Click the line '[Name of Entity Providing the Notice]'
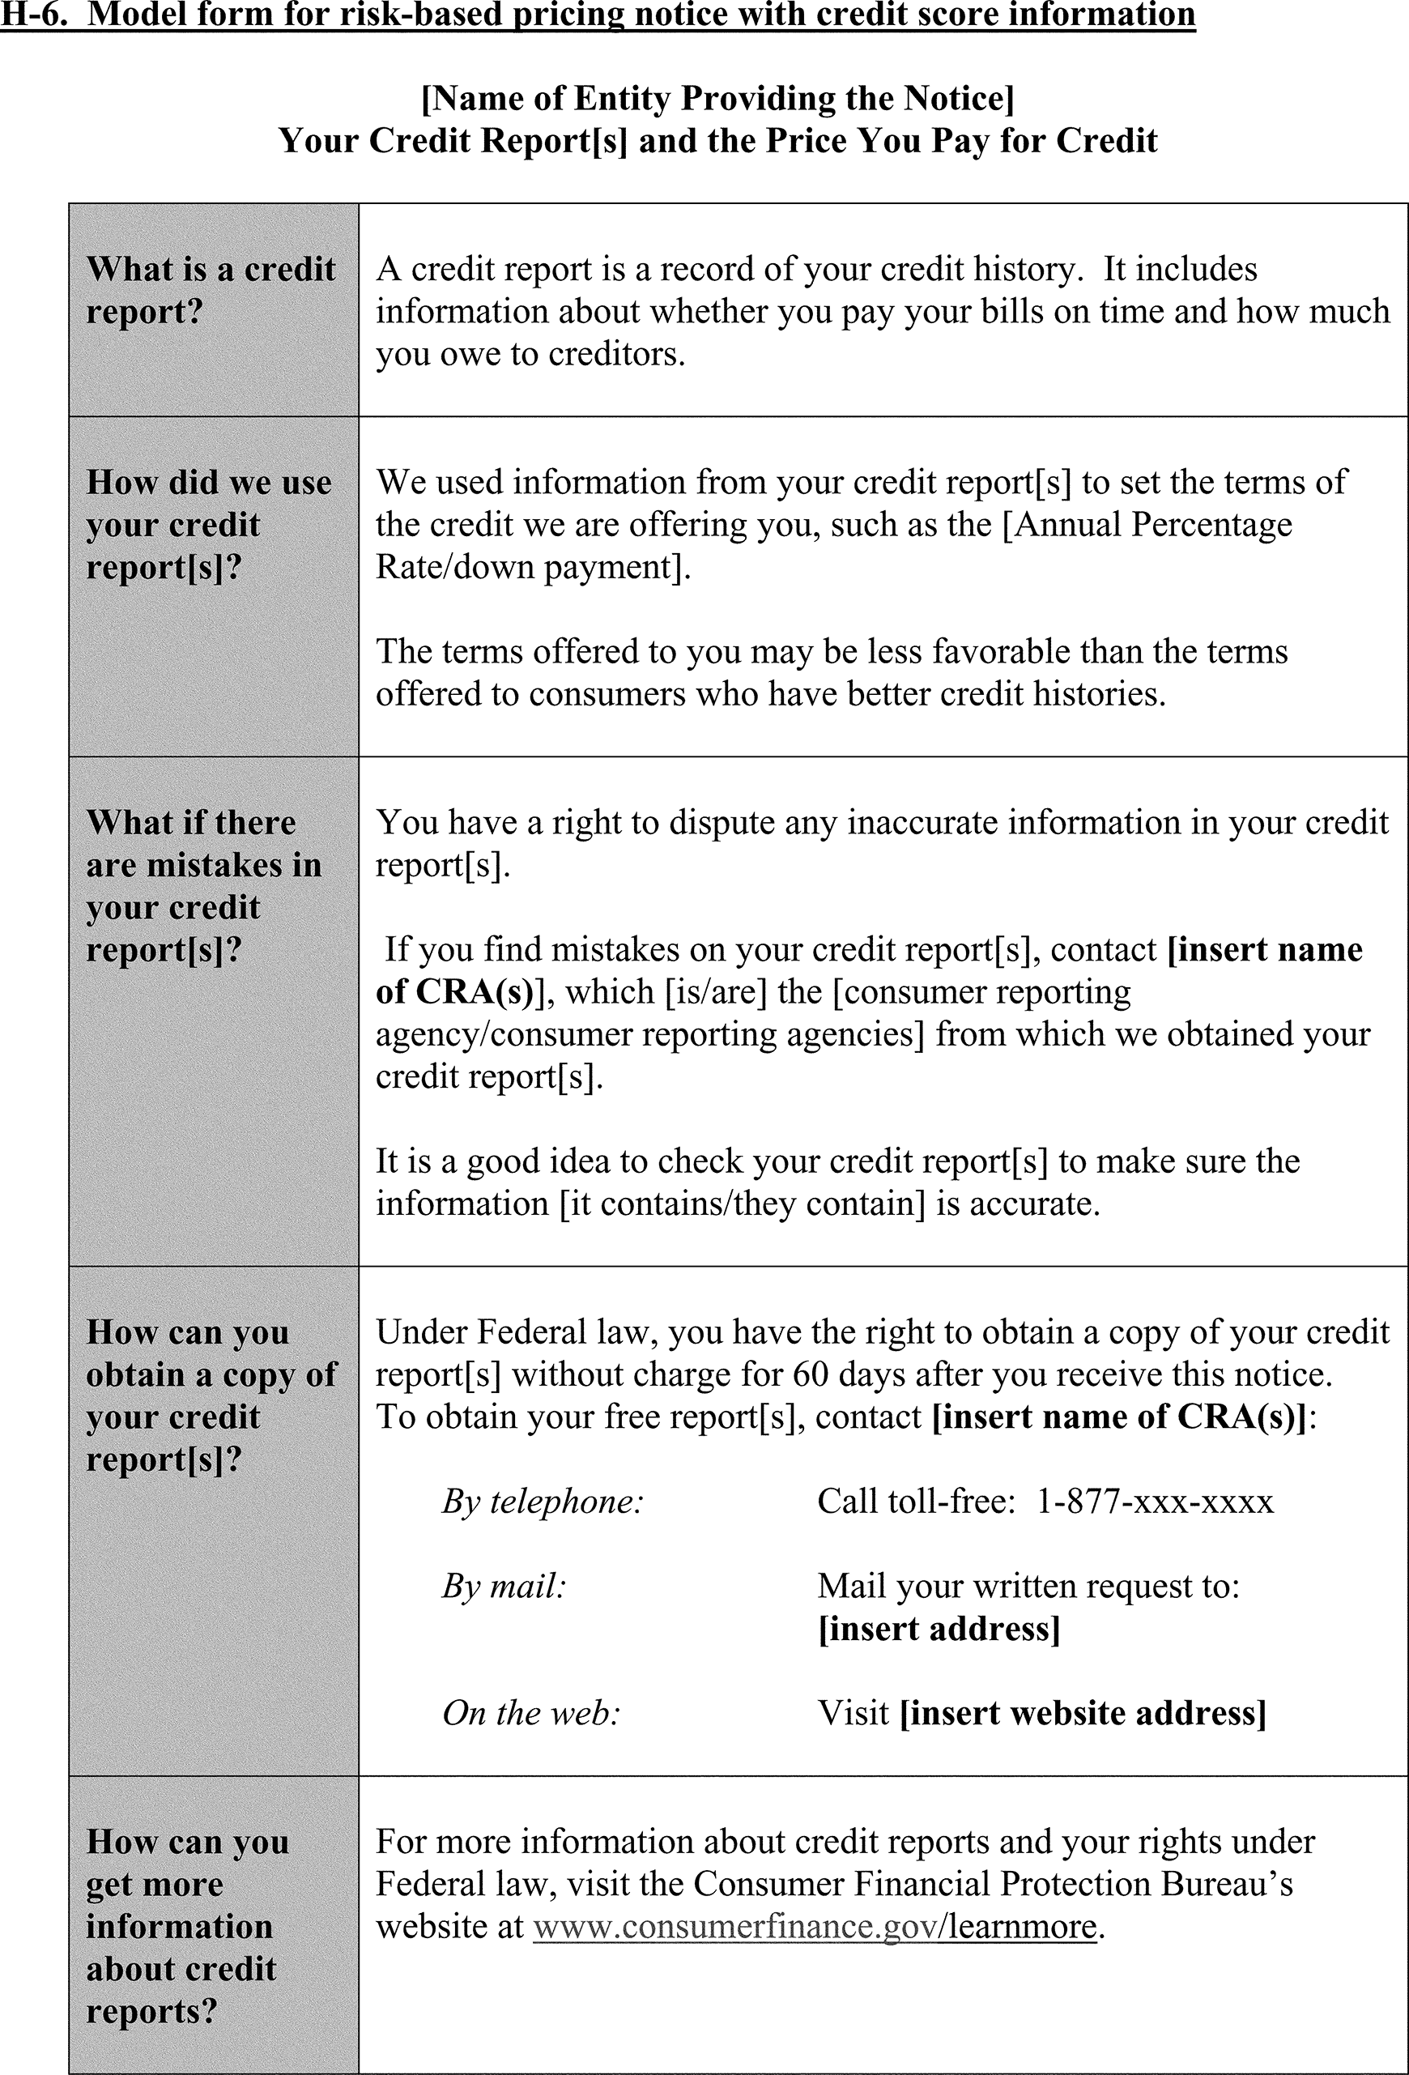pyautogui.click(x=718, y=98)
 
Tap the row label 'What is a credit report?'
pyautogui.click(x=211, y=290)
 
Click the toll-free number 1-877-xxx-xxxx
pyautogui.click(x=1155, y=1502)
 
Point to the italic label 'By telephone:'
pyautogui.click(x=543, y=1502)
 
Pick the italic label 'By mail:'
pyautogui.click(x=504, y=1587)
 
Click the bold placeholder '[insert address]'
pyautogui.click(x=939, y=1630)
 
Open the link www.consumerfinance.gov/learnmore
pyautogui.click(x=815, y=1927)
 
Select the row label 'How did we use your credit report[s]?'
pyautogui.click(x=209, y=525)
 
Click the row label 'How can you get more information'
pyautogui.click(x=188, y=1927)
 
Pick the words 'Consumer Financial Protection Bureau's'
pyautogui.click(x=993, y=1884)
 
